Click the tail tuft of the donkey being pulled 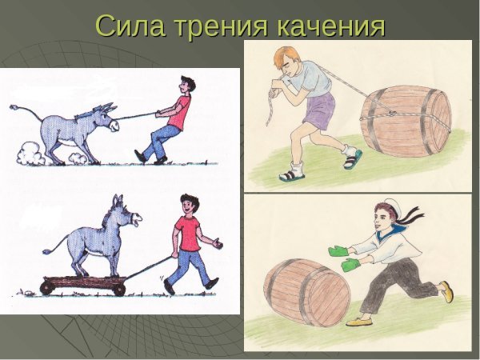(17, 106)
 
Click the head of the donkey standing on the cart (127, 211)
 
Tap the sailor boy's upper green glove (338, 250)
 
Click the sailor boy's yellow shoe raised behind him (446, 292)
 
